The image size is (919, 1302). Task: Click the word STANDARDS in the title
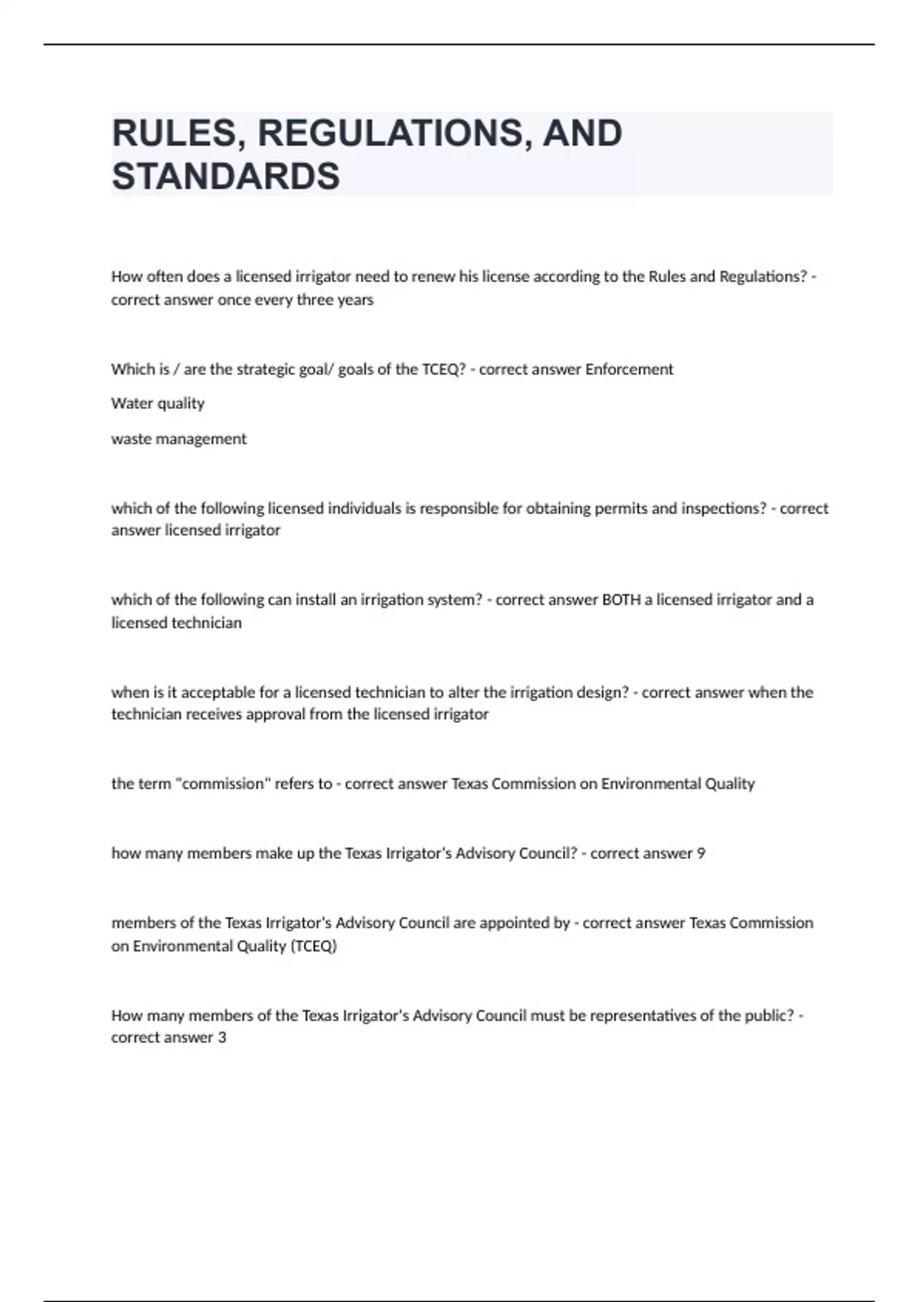(x=226, y=176)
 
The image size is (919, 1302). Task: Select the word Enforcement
(x=629, y=369)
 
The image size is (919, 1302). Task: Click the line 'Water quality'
(x=158, y=404)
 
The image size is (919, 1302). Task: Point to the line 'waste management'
(x=178, y=439)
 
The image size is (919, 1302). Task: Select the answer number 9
(x=701, y=853)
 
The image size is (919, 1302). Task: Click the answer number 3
(x=222, y=1038)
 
